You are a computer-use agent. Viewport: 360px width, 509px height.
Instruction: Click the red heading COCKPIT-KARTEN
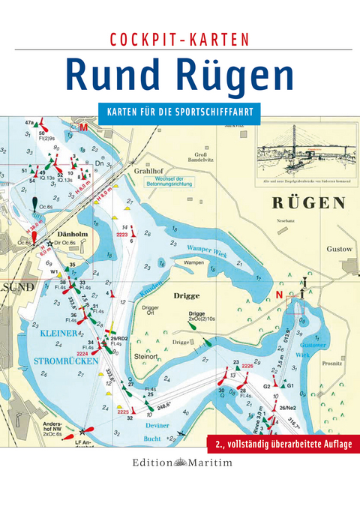pyautogui.click(x=179, y=39)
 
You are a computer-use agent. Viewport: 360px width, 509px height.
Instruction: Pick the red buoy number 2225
pyautogui.click(x=124, y=412)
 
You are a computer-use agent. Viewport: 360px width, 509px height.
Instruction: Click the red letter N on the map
pyautogui.click(x=280, y=295)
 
